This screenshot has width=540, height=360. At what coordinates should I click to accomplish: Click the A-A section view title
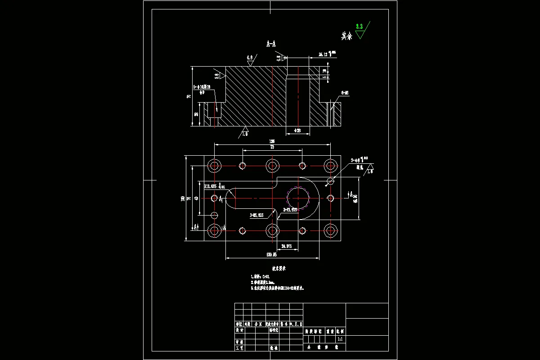click(271, 44)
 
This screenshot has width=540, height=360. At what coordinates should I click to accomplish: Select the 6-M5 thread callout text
click(345, 93)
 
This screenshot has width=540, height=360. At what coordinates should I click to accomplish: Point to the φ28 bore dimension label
click(297, 130)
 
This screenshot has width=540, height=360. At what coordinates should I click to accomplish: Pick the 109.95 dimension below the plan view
click(271, 255)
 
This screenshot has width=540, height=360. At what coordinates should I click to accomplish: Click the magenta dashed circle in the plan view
click(298, 198)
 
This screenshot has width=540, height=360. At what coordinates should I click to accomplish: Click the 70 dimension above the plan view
click(272, 147)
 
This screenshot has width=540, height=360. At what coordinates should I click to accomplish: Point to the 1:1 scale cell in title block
click(340, 338)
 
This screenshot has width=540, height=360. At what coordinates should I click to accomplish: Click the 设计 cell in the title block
click(239, 330)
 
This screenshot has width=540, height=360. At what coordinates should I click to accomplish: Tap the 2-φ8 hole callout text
click(359, 160)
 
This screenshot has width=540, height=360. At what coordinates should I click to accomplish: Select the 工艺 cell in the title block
click(239, 348)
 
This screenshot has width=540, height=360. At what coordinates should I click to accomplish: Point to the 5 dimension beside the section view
click(325, 77)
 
